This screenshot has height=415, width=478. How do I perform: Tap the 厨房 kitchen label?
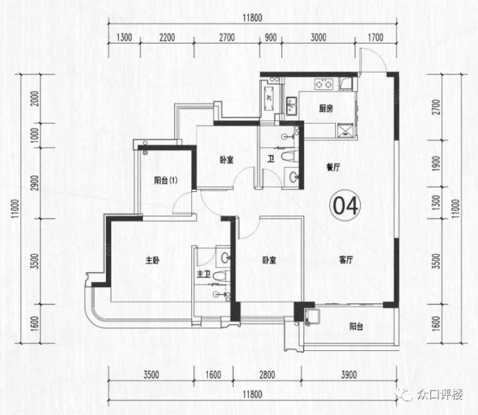tap(326, 109)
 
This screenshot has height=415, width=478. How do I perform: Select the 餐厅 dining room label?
tap(333, 167)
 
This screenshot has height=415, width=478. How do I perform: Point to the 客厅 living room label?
tap(346, 260)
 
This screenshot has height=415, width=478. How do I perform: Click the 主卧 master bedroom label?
tap(152, 261)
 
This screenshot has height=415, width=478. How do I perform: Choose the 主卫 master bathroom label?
tap(203, 273)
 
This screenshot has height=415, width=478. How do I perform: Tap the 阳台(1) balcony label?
tap(165, 180)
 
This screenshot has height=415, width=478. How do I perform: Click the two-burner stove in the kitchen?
tap(324, 83)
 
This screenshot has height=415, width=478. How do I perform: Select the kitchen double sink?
tap(291, 105)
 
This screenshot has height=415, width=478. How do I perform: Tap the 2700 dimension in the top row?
tap(227, 37)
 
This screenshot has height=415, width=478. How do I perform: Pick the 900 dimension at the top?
tap(271, 37)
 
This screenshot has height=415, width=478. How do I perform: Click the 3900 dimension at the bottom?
tap(349, 374)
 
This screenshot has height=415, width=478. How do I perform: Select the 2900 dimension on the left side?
tap(36, 183)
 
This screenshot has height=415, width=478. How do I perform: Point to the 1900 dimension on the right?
tap(437, 164)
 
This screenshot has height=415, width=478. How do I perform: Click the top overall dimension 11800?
tap(253, 17)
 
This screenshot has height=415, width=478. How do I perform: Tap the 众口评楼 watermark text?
tap(440, 394)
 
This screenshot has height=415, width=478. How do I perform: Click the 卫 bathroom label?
tap(271, 159)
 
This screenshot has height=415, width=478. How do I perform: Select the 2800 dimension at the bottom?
tap(267, 374)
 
